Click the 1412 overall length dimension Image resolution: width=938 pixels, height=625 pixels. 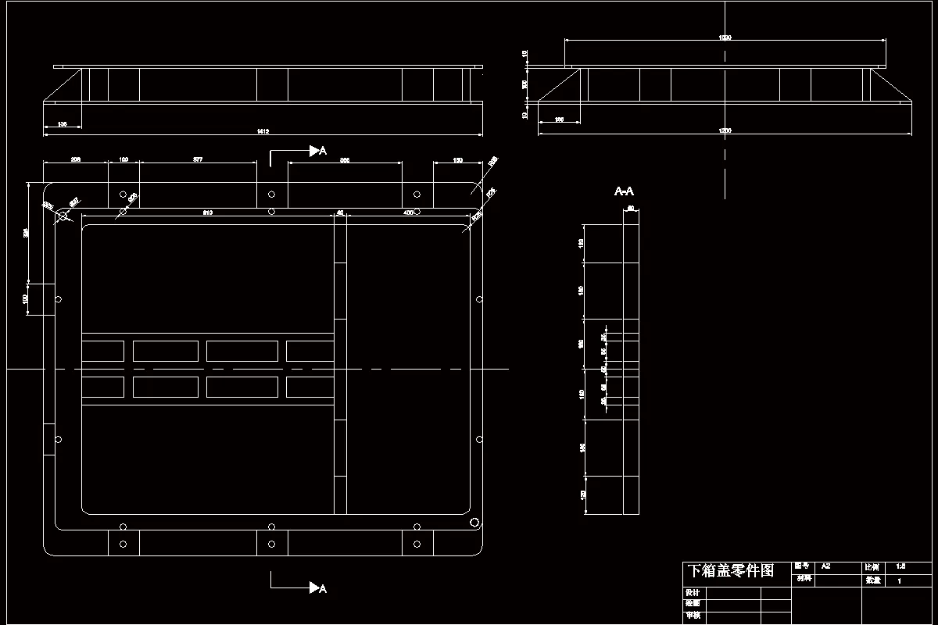[262, 131]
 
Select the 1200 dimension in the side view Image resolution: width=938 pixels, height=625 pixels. [725, 130]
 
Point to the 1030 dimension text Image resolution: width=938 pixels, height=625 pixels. [725, 37]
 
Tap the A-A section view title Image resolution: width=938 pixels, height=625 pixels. [624, 191]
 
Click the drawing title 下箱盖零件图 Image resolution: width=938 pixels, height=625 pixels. [729, 571]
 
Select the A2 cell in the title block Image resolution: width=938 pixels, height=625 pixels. [826, 566]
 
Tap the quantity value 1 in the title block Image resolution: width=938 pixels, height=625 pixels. [900, 581]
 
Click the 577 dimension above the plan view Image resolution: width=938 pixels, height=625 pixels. [198, 159]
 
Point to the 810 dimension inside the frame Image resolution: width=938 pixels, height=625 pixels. [208, 212]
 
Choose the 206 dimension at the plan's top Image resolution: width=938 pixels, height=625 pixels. [76, 159]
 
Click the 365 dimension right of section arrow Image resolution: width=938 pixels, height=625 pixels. [345, 159]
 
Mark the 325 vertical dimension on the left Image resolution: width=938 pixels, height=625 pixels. [26, 232]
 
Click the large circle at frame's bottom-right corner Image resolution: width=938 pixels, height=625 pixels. [474, 522]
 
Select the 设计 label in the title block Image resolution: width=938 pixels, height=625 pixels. [692, 593]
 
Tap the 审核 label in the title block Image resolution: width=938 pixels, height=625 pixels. [692, 616]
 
